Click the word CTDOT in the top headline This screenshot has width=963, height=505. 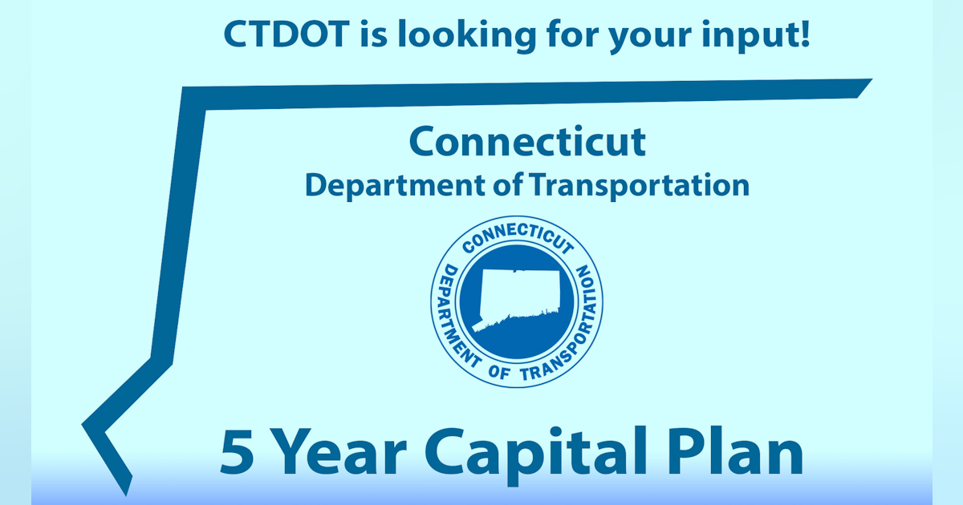point(286,34)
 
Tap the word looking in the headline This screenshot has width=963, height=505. point(467,36)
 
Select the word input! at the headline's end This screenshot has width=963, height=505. point(756,36)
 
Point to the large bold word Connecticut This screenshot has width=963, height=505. point(527,141)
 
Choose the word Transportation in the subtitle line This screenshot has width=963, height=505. point(639,186)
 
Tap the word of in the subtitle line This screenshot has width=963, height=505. point(508,184)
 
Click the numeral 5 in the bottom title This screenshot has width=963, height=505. point(237,452)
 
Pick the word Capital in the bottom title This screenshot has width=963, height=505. point(536,455)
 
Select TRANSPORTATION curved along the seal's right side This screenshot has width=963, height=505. point(576,330)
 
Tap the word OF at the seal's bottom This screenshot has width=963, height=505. point(499,372)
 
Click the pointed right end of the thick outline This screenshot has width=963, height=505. point(871,79)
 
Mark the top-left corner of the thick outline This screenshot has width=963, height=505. point(183,87)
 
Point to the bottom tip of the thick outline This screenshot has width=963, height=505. point(127,495)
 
